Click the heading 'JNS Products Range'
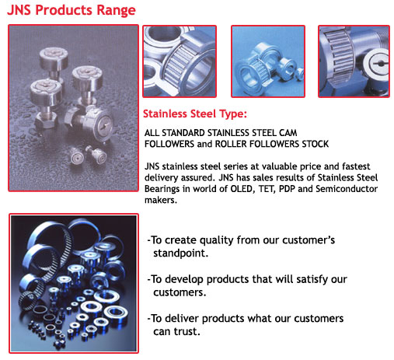71,10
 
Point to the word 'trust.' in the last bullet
187,332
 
